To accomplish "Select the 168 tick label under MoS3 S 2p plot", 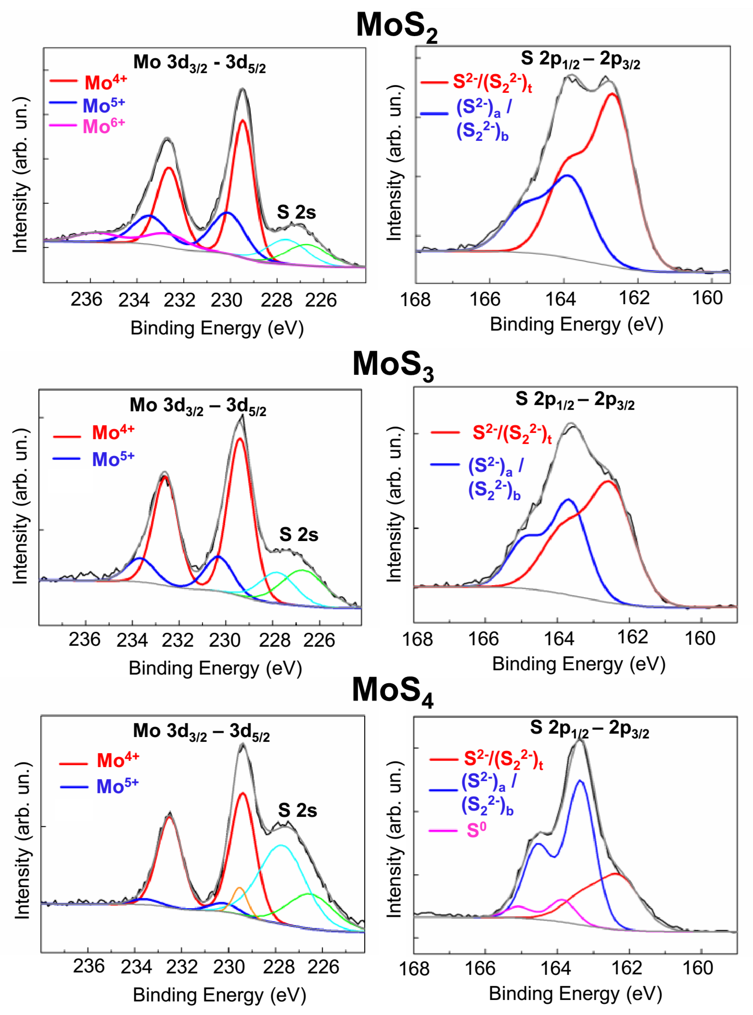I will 417,639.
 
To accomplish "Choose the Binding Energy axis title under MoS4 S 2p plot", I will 575,993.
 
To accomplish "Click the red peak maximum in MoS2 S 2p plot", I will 612,94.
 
